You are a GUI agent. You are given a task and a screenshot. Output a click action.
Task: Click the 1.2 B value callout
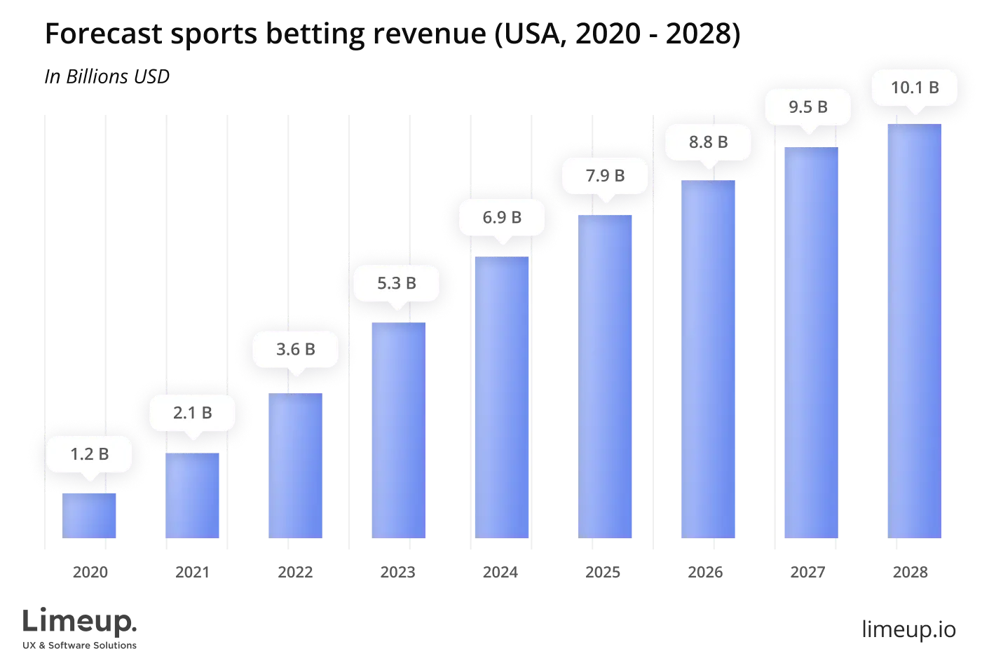click(89, 454)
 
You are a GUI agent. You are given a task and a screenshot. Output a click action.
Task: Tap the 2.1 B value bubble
click(192, 413)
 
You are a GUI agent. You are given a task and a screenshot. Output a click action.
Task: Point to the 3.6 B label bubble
click(295, 349)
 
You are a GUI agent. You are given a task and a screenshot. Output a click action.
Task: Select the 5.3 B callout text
click(397, 283)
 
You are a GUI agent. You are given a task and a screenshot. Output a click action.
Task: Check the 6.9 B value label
click(502, 217)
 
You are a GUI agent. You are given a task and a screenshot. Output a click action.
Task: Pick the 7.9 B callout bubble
click(605, 175)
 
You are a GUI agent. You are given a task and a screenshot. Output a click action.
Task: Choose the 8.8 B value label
click(708, 142)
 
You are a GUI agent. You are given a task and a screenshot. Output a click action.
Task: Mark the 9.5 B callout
click(808, 107)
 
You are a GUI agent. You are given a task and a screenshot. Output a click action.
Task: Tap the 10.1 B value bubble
click(914, 88)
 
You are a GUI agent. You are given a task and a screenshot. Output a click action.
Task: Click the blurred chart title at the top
click(393, 35)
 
